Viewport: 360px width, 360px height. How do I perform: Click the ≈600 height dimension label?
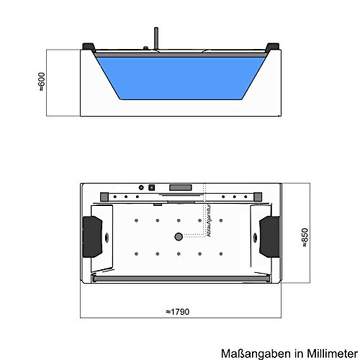tap(42, 81)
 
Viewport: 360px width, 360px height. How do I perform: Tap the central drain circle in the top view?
tap(177, 236)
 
